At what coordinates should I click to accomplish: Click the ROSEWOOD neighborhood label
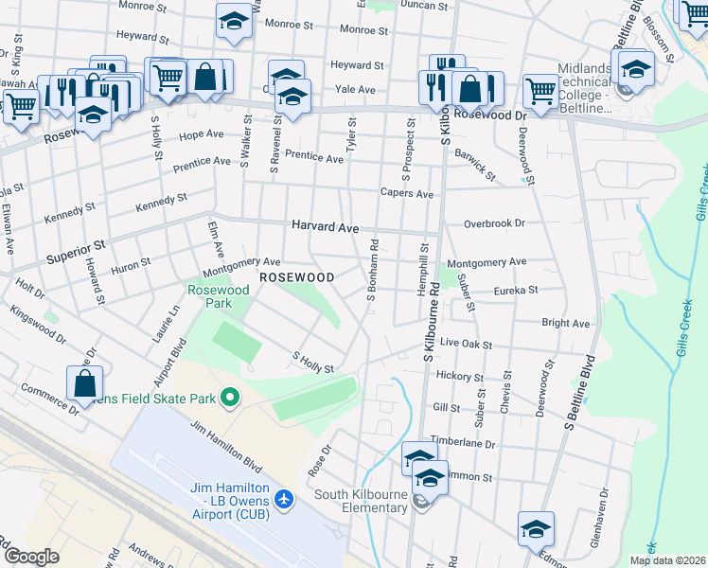tap(297, 277)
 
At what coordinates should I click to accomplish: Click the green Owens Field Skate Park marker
tap(228, 398)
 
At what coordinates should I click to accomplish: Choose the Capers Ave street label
tap(406, 194)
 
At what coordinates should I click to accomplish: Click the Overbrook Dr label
tap(493, 224)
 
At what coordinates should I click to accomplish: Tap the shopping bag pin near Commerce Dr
tap(84, 383)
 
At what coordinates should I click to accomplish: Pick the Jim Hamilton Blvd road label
tap(225, 445)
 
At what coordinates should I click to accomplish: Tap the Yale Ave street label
tap(355, 90)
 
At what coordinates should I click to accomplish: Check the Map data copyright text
tap(667, 560)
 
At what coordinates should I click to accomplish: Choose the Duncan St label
tap(424, 6)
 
